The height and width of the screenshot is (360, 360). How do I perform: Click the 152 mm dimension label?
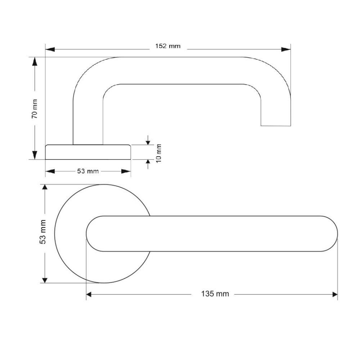coord(168,46)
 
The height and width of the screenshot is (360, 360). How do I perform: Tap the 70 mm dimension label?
coord(35,109)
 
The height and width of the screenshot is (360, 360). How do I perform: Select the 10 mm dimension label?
coord(159,153)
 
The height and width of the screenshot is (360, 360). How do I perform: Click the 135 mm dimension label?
coord(215,294)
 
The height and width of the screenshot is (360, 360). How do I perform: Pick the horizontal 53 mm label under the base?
coord(88,171)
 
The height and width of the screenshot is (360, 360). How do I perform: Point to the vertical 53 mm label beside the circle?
coord(43,232)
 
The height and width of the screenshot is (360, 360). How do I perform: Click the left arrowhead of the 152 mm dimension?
coord(50,49)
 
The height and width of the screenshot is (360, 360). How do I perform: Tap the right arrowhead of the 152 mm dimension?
coord(286,49)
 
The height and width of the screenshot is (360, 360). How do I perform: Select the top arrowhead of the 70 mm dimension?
coord(35,62)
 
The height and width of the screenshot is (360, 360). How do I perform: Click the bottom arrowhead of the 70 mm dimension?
coord(35,155)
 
